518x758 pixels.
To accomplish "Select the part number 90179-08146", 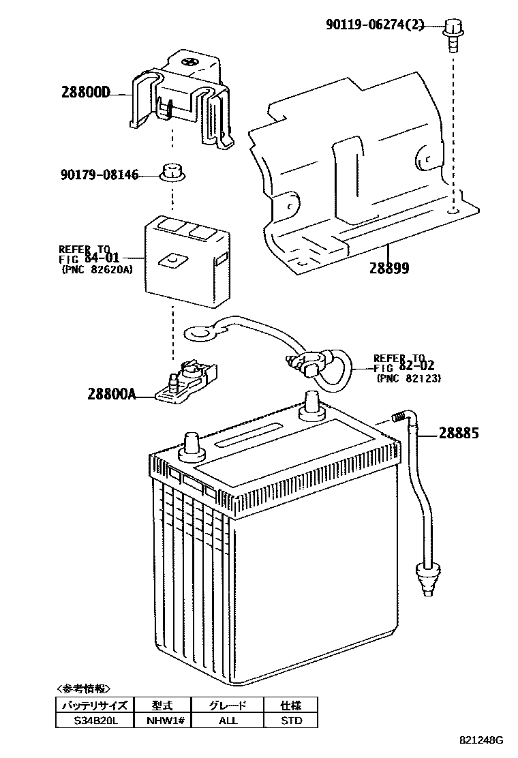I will click(x=98, y=176).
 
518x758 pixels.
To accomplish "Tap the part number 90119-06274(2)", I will click(x=375, y=26).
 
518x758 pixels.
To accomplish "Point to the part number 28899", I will click(x=389, y=268).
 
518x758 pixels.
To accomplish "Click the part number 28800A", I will click(x=111, y=393).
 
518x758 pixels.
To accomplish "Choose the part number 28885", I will click(x=458, y=433).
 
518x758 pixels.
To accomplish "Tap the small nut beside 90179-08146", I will click(x=171, y=173).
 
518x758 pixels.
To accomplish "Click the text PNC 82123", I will click(x=408, y=378).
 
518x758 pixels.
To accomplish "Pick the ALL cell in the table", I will click(x=227, y=720).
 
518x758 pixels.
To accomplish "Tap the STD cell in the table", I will click(x=291, y=720).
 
